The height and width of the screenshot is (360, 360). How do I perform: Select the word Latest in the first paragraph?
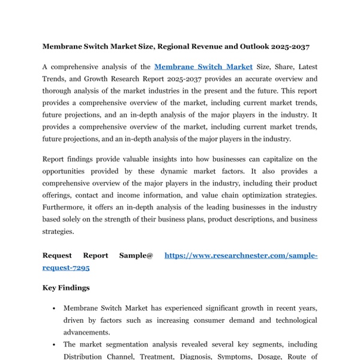[305, 67]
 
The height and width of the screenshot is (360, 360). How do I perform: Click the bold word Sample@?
[136, 256]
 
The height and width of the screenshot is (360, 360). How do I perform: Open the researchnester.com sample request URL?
[240, 256]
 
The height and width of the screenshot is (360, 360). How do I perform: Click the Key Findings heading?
[66, 288]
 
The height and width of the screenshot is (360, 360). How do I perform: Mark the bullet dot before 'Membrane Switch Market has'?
[55, 308]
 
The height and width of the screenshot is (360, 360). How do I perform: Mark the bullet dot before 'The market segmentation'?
[55, 345]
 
